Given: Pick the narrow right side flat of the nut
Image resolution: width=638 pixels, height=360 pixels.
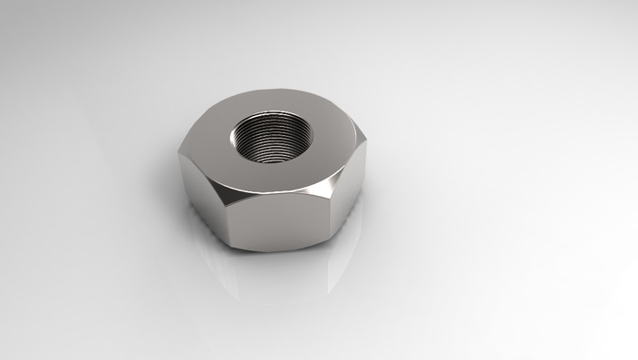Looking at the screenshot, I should (x=349, y=195).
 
